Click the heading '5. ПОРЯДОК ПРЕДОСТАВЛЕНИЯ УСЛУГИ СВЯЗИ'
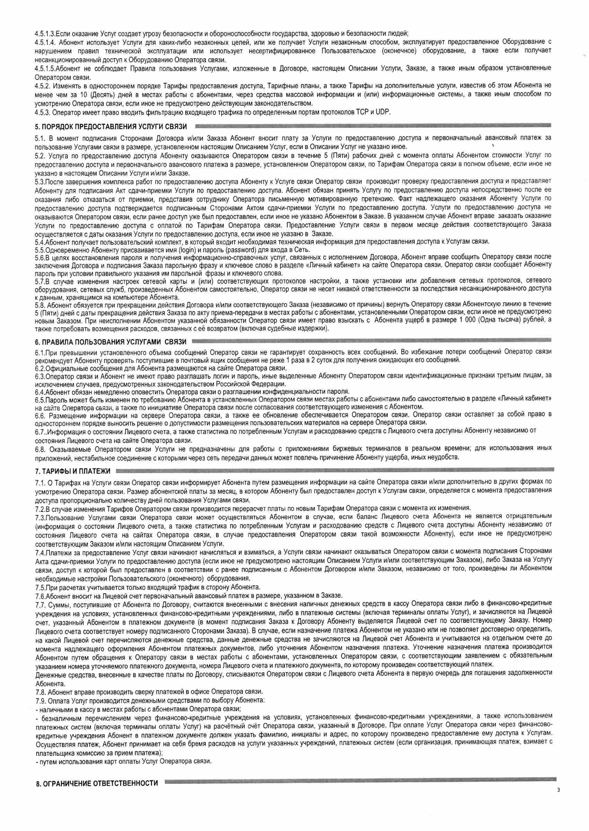click(111, 126)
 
